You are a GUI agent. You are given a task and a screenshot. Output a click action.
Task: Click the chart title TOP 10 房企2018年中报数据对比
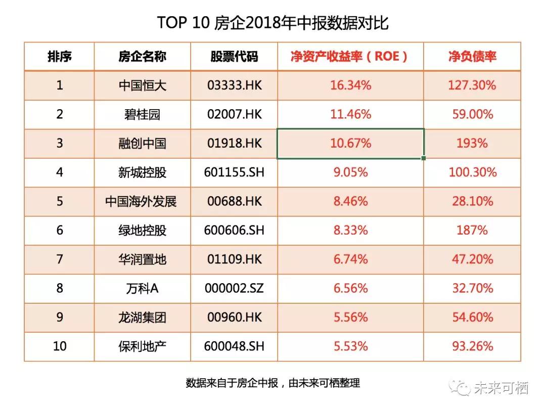(x=272, y=23)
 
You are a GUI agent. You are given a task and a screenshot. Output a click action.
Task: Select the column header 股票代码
(x=234, y=57)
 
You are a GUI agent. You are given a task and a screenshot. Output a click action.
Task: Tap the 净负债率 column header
(x=472, y=57)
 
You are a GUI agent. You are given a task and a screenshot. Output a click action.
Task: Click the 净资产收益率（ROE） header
(x=349, y=57)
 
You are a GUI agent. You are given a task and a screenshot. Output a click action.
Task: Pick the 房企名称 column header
(x=143, y=57)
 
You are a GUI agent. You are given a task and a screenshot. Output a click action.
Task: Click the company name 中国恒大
(x=143, y=85)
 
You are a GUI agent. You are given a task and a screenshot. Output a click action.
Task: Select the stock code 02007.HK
(x=235, y=114)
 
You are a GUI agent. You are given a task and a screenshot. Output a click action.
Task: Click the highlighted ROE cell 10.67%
(x=351, y=144)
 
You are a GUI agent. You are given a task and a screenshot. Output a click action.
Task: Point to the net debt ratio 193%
(x=472, y=143)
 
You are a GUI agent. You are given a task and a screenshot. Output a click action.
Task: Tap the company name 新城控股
(x=143, y=172)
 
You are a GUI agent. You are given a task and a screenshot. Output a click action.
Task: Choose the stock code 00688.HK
(x=235, y=201)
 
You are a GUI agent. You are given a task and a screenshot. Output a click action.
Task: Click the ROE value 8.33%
(x=351, y=230)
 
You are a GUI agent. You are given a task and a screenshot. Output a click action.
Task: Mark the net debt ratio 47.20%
(x=473, y=259)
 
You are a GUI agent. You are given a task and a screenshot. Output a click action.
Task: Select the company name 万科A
(x=143, y=288)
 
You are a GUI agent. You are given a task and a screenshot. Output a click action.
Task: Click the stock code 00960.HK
(x=235, y=317)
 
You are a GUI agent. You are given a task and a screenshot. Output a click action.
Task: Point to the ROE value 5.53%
(x=351, y=346)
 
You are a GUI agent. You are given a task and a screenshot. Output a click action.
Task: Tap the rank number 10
(x=60, y=346)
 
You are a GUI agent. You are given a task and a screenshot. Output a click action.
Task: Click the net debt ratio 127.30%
(x=472, y=85)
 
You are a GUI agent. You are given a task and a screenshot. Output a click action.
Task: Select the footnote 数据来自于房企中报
(x=232, y=383)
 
